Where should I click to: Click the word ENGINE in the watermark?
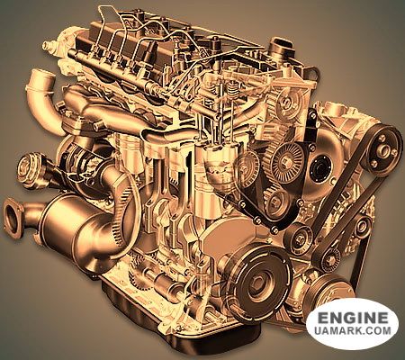pos(353,319)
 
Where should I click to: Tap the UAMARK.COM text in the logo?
pos(353,331)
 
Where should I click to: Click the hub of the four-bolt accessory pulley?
pos(383,150)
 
